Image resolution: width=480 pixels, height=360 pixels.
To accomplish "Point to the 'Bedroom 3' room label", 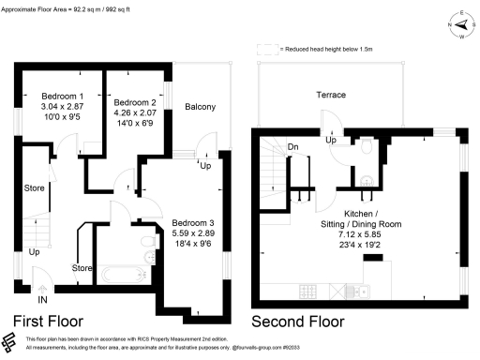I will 193,222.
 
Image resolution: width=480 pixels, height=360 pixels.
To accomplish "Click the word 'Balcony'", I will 200,107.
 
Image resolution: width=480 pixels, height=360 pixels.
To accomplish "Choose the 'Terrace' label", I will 330,96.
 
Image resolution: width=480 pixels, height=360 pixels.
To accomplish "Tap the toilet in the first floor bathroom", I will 147,244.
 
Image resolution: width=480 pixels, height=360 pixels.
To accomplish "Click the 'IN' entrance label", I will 40,301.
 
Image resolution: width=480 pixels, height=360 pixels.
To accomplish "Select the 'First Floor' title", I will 51,322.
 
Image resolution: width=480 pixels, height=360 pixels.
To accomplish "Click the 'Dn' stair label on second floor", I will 292,146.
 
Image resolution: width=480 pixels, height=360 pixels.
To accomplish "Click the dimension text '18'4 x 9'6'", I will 193,243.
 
